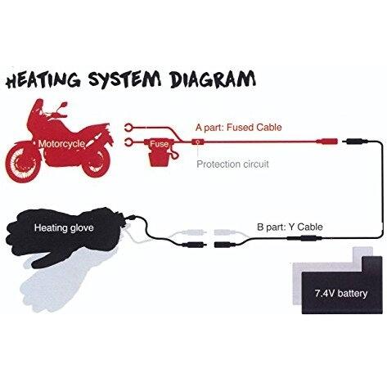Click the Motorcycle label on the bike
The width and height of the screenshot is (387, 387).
(x=61, y=144)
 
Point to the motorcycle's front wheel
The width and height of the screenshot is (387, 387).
(x=23, y=164)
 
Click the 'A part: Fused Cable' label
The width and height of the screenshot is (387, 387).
(x=239, y=128)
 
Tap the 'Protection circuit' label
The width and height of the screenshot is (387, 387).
(x=232, y=164)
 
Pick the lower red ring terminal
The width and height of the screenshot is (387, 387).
(x=128, y=142)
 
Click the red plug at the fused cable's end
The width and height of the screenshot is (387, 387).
(x=326, y=142)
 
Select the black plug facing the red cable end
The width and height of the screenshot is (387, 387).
(x=355, y=142)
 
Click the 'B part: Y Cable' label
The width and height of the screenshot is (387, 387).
(x=290, y=227)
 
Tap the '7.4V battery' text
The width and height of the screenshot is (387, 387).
(x=341, y=294)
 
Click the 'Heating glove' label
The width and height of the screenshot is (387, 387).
(x=64, y=227)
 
